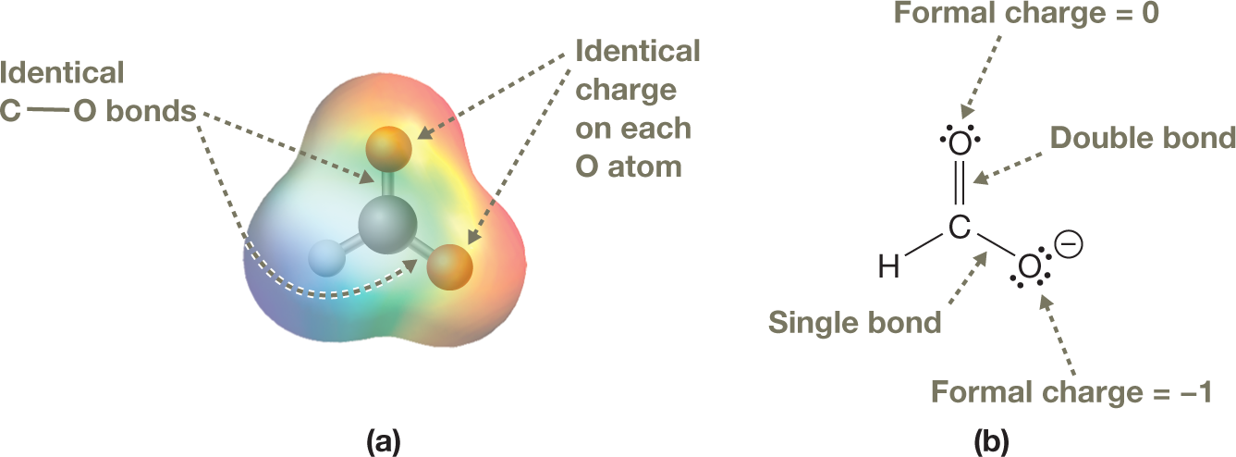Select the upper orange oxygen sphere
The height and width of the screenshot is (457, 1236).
(387, 148)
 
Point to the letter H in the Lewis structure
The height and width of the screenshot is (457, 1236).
(888, 269)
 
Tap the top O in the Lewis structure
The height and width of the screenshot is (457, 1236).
(960, 144)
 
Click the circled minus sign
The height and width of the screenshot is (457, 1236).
(1071, 245)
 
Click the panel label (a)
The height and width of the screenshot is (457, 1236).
(383, 440)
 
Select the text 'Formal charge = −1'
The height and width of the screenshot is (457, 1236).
(1071, 392)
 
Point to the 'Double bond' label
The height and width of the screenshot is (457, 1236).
(1143, 139)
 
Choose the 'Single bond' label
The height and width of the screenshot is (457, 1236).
(855, 323)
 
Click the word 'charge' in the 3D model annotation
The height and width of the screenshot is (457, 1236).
(625, 91)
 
